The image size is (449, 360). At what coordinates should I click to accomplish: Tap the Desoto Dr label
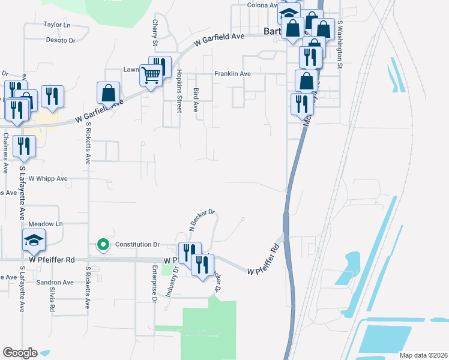61,41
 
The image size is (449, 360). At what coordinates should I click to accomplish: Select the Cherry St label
155,33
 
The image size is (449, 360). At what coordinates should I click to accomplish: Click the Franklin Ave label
232,74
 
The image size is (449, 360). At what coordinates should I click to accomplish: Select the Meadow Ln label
49,224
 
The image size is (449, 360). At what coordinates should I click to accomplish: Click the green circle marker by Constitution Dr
103,244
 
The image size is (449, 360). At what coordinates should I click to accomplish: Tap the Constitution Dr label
137,244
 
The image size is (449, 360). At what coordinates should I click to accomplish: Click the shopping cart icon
151,75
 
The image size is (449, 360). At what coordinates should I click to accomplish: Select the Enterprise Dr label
154,279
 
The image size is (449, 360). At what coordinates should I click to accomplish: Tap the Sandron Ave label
55,282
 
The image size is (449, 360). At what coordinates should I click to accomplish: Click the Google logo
20,353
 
